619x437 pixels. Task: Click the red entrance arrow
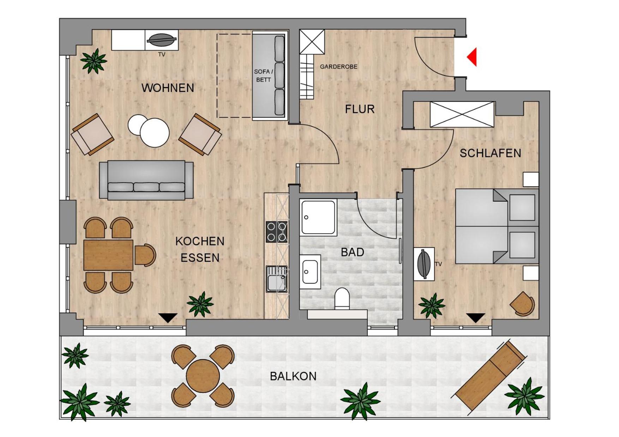click(472, 57)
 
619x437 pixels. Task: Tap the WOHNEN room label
click(168, 88)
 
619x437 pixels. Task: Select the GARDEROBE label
click(338, 67)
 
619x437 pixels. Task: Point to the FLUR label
click(360, 109)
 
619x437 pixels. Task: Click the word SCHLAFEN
click(490, 153)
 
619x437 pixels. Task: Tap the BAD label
click(352, 252)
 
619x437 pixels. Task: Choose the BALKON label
click(293, 376)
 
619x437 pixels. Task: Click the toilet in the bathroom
click(342, 299)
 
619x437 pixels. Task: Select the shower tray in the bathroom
click(318, 218)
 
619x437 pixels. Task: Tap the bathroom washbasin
click(310, 272)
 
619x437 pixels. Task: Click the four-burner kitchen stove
click(277, 232)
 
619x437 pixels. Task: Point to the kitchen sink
click(277, 279)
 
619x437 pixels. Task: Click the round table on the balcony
click(203, 376)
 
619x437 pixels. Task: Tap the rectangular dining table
click(108, 255)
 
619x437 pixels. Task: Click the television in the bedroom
click(424, 264)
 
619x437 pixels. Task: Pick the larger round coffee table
click(155, 133)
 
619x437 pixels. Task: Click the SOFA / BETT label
click(263, 76)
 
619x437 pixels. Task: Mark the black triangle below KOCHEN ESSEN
click(168, 317)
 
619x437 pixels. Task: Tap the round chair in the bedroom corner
click(523, 303)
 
